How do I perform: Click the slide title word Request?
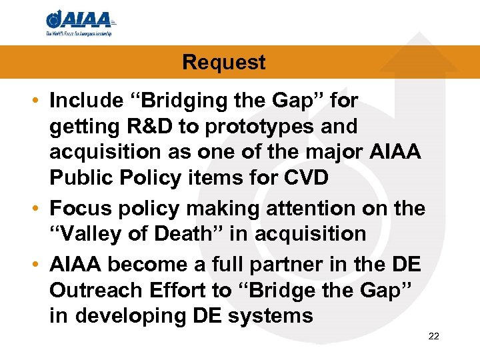(223, 63)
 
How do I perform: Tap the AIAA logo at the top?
(80, 19)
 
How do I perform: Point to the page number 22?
(433, 336)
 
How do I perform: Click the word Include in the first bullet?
(86, 101)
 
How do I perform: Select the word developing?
(131, 315)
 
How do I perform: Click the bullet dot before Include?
(39, 101)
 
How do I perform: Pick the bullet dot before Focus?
(39, 209)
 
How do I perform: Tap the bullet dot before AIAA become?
(39, 265)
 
